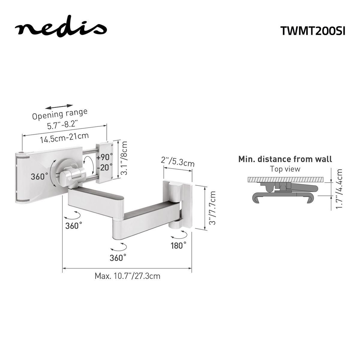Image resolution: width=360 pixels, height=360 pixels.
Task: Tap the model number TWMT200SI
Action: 313,31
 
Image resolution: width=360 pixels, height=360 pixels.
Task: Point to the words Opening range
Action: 60,114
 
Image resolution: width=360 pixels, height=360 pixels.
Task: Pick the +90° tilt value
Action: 105,157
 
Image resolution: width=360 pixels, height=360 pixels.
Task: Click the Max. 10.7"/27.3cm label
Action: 127,276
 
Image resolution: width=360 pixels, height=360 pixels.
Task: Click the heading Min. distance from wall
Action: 285,159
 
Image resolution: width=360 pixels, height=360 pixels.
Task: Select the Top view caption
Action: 285,169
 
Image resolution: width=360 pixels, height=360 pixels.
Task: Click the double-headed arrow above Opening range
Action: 60,106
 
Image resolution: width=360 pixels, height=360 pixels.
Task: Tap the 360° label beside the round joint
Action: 40,176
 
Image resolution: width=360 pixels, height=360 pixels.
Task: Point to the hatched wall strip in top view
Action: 285,180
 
